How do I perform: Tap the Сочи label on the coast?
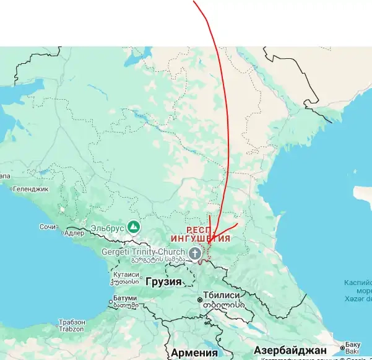pos(47,227)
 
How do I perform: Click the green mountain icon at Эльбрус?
pos(133,227)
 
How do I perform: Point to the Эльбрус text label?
pos(107,228)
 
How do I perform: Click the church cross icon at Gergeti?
pos(194,253)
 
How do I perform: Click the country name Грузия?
pos(163,282)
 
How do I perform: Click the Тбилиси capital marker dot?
pos(200,301)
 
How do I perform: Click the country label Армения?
pos(194,353)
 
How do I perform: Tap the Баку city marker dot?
pos(342,348)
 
